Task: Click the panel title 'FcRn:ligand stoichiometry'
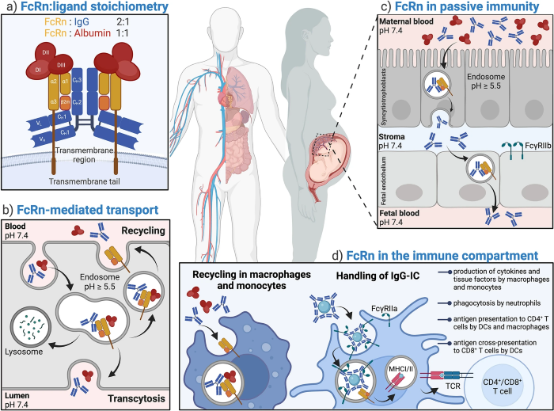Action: (x=93, y=10)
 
